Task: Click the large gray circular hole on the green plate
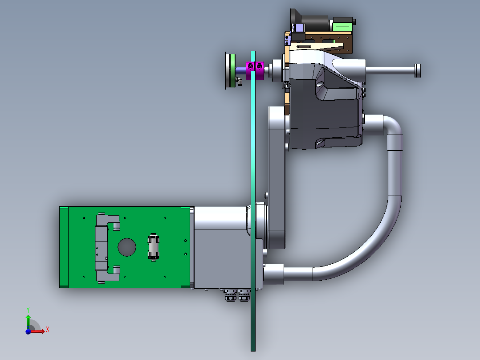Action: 127,247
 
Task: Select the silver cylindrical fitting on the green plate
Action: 153,247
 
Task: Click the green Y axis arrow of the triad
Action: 28,322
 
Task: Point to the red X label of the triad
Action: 48,330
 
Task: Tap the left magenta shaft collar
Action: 250,70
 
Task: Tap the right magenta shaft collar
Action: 260,70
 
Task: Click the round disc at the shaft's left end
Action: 230,71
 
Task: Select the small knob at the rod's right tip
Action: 418,70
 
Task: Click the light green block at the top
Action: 342,25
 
